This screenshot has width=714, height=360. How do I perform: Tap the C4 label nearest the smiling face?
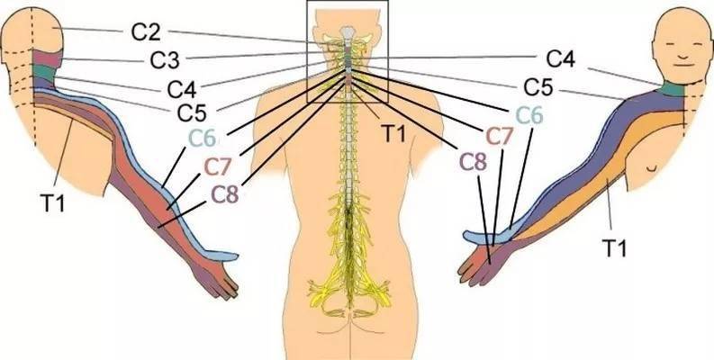pos(561,58)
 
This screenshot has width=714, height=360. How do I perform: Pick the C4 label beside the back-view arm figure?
pos(182,90)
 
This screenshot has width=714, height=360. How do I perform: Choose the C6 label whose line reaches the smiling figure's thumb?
pos(529,116)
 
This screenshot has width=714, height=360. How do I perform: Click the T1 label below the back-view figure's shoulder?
pos(53,203)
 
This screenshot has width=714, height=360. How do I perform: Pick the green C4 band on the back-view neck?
pos(43,71)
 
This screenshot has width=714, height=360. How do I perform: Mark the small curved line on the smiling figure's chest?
pos(653,169)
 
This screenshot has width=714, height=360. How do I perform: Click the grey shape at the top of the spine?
pos(348,32)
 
